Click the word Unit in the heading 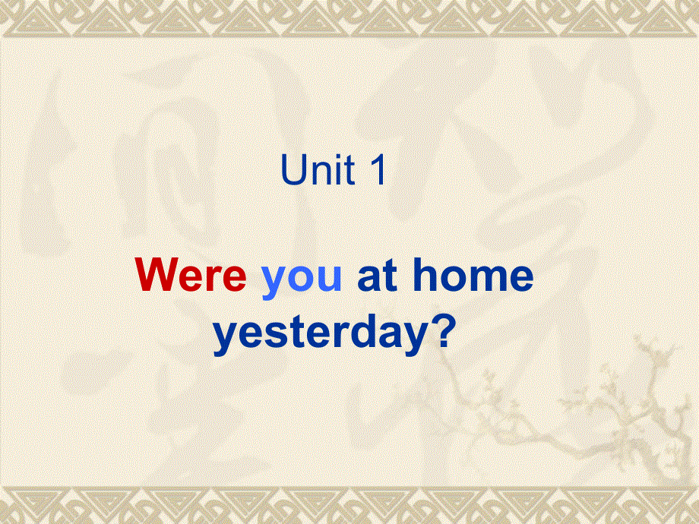[318, 172]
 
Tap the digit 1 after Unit [378, 172]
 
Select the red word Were [191, 276]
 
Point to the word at [378, 276]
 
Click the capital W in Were [157, 276]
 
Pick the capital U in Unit [294, 172]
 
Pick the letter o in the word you [302, 278]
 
